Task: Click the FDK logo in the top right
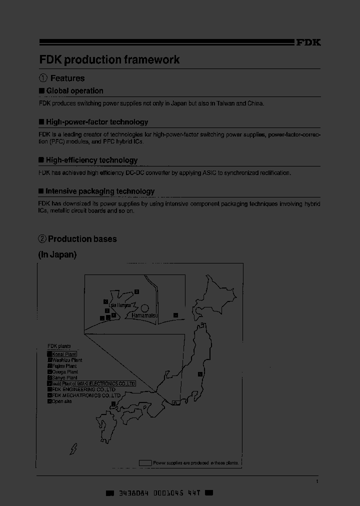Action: click(308, 43)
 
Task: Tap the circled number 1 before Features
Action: click(43, 78)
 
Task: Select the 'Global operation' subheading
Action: click(74, 91)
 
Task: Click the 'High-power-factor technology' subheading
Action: click(97, 122)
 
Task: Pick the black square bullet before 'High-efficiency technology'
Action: click(41, 160)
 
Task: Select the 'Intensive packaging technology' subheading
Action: click(100, 191)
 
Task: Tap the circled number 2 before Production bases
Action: click(42, 239)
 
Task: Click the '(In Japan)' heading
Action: click(57, 255)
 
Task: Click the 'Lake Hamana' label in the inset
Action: click(120, 305)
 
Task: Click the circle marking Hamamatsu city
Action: click(144, 308)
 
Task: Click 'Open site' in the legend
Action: click(61, 401)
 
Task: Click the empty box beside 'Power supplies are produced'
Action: click(145, 463)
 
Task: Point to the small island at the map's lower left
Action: click(74, 449)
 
